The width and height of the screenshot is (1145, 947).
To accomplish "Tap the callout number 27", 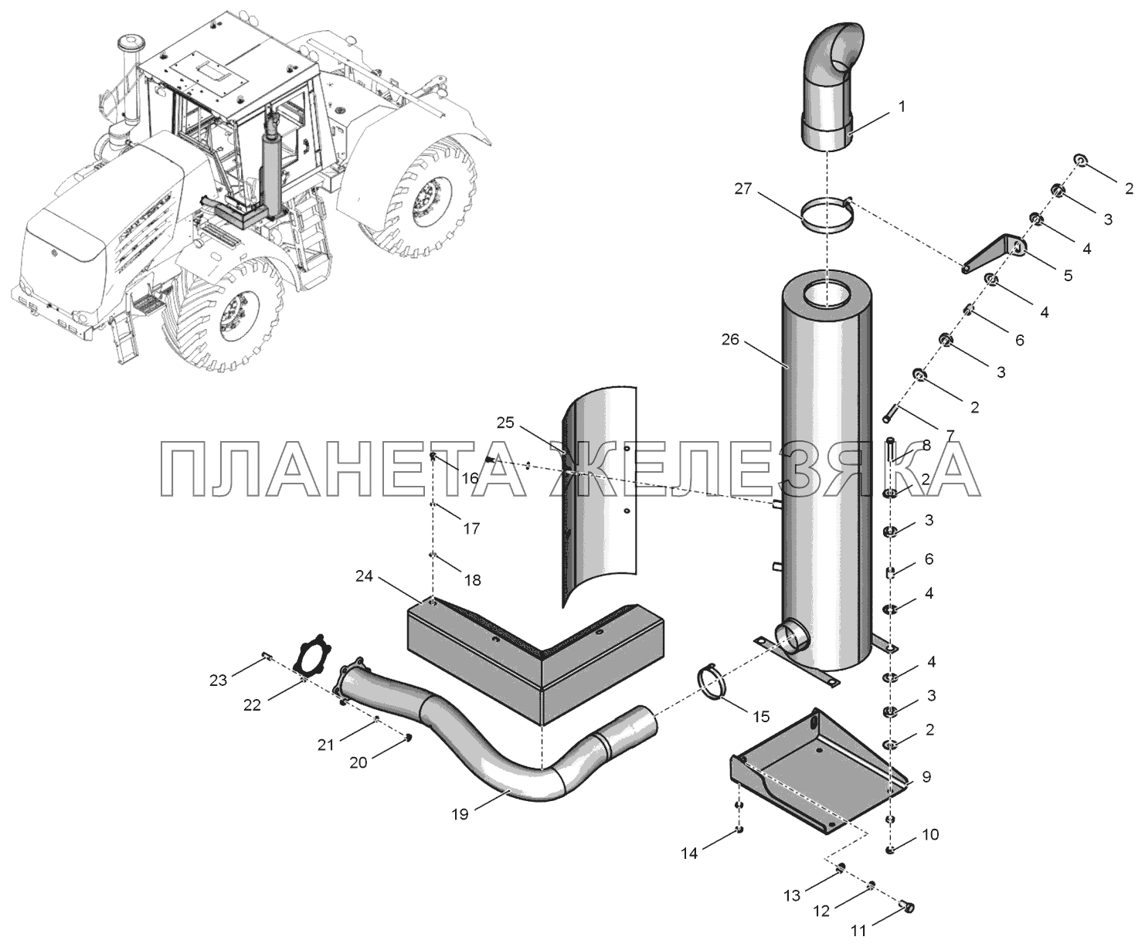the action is click(744, 189).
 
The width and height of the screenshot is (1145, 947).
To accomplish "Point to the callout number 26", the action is click(730, 339).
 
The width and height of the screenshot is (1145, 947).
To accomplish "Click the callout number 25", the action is click(505, 423).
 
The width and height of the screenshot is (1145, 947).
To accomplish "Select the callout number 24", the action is click(365, 575).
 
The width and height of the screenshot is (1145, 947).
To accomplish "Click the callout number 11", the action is click(858, 930).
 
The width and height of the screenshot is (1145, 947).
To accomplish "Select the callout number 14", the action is click(689, 854).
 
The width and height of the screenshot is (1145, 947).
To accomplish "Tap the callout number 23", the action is click(218, 681).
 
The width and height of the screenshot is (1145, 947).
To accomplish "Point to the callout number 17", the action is click(471, 528).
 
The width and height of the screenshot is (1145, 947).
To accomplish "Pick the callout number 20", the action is click(358, 762).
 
